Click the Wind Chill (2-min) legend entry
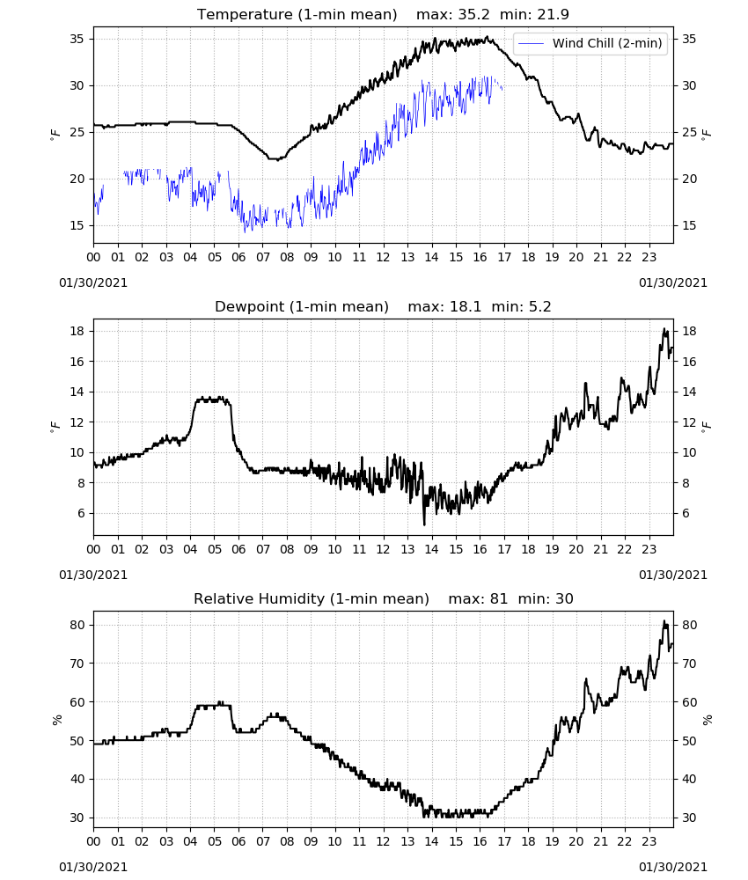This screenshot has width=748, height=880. pyautogui.click(x=590, y=43)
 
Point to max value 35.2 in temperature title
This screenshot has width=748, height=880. pyautogui.click(x=453, y=14)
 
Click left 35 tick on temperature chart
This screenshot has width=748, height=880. pyautogui.click(x=77, y=39)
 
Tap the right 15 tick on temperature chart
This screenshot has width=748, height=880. pyautogui.click(x=689, y=225)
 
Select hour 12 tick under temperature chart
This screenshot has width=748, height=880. pyautogui.click(x=384, y=257)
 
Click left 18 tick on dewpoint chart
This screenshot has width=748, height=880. pyautogui.click(x=77, y=331)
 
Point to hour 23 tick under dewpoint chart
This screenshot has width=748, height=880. pyautogui.click(x=649, y=549)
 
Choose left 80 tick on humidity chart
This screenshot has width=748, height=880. pyautogui.click(x=77, y=625)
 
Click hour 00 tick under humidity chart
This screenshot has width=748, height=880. pyautogui.click(x=93, y=842)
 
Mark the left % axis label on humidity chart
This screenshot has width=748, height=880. pyautogui.click(x=56, y=720)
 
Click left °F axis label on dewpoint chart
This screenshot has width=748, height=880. pyautogui.click(x=55, y=427)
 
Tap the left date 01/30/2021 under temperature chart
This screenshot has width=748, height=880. pyautogui.click(x=93, y=282)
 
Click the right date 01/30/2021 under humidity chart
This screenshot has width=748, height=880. pyautogui.click(x=673, y=867)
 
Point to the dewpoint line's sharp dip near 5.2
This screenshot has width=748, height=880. pyautogui.click(x=424, y=524)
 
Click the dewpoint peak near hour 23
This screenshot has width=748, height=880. pyautogui.click(x=665, y=329)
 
